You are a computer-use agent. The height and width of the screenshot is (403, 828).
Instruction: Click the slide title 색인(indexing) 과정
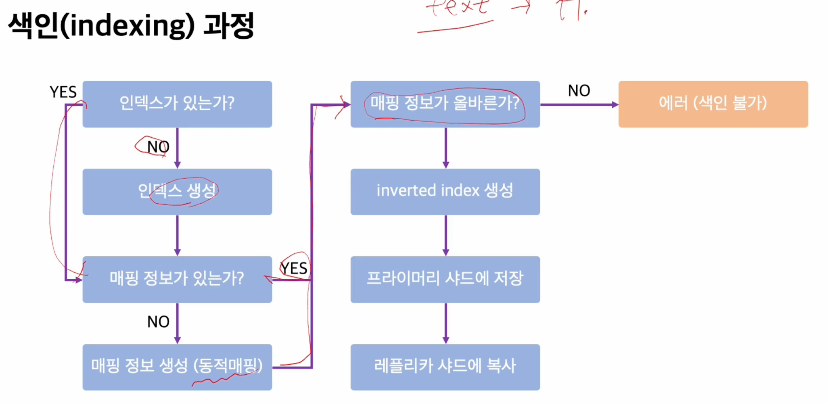(131, 25)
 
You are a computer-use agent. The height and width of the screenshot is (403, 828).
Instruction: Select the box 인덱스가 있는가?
(177, 104)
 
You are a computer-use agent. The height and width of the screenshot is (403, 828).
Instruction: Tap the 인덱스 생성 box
(177, 192)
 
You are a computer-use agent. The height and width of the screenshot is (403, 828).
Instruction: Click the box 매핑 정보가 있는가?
(177, 279)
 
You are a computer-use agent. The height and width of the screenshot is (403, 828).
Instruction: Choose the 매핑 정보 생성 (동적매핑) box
(177, 367)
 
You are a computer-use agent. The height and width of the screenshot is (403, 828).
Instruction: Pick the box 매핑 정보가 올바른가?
(445, 104)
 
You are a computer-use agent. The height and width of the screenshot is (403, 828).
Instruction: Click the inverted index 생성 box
(445, 192)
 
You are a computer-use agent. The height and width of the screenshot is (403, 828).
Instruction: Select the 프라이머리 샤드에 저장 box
(445, 279)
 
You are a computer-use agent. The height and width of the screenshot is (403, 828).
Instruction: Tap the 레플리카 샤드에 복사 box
(445, 367)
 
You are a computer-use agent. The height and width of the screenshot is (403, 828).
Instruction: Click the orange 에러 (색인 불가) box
(713, 104)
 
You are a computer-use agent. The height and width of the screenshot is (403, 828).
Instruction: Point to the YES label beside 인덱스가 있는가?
(63, 92)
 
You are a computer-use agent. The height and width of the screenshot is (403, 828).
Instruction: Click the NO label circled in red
(158, 147)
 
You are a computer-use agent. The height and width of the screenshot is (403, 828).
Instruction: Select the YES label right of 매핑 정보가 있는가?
(294, 268)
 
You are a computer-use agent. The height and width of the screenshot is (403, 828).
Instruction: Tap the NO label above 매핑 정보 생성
(158, 322)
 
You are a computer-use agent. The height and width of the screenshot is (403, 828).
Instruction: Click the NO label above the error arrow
(579, 91)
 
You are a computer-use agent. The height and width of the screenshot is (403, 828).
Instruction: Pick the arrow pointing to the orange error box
(579, 105)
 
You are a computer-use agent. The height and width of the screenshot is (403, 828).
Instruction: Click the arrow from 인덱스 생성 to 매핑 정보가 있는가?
(177, 235)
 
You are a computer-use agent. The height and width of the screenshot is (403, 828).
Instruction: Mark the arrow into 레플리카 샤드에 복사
(445, 323)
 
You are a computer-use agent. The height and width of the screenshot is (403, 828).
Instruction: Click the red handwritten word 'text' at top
(458, 7)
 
